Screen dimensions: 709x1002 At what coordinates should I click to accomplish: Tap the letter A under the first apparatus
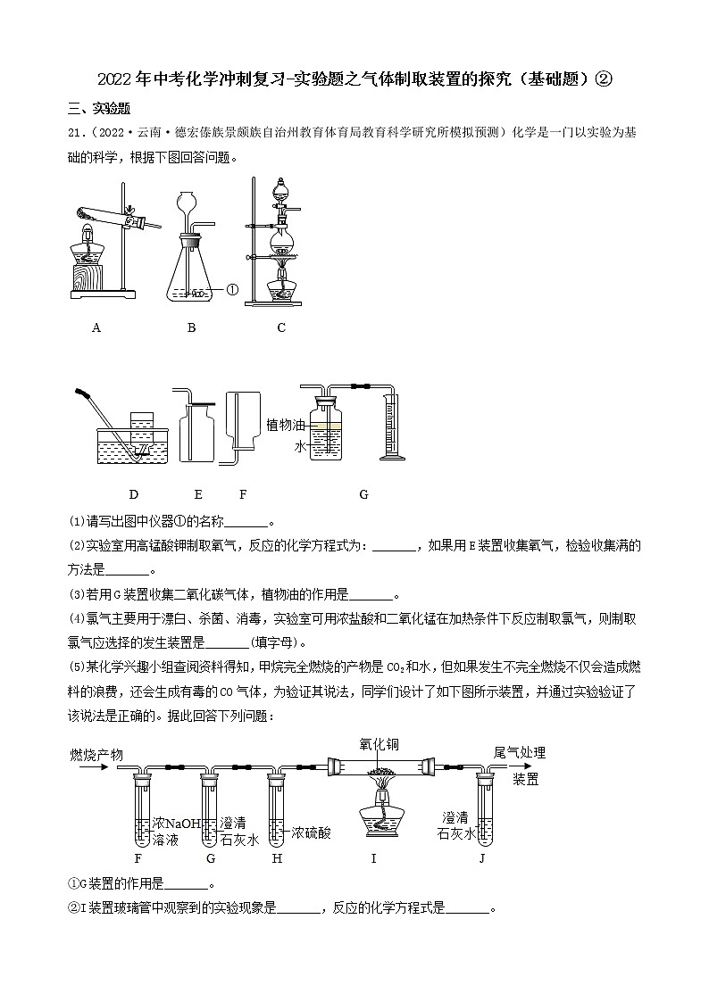[x=96, y=327]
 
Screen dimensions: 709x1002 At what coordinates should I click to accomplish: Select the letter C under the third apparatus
[x=281, y=327]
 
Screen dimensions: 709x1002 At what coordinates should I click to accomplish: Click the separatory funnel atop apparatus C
[x=281, y=190]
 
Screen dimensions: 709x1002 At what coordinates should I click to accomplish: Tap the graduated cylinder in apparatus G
[x=389, y=434]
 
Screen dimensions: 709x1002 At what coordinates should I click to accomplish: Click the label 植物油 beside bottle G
[x=285, y=426]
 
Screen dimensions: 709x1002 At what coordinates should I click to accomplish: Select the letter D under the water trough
[x=134, y=494]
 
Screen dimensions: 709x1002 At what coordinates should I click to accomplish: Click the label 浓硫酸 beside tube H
[x=311, y=832]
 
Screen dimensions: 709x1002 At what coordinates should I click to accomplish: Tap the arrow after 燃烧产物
[x=89, y=766]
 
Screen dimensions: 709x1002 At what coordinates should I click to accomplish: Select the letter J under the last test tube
[x=482, y=858]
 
